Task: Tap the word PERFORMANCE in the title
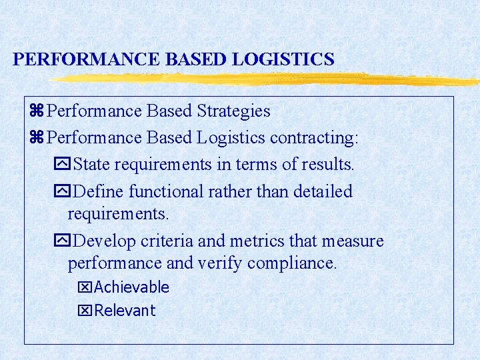(x=87, y=59)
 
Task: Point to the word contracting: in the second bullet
(x=314, y=137)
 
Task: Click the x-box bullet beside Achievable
(x=85, y=288)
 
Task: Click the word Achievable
(x=132, y=287)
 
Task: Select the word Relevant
(x=125, y=311)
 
